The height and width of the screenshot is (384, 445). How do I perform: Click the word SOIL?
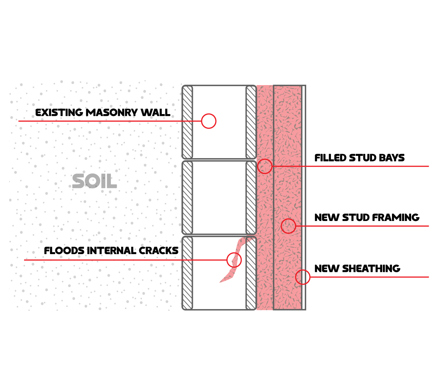[94, 181]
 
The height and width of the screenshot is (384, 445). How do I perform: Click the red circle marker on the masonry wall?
[208, 121]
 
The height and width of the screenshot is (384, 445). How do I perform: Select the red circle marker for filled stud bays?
[265, 166]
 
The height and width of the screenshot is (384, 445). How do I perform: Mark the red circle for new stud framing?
[289, 226]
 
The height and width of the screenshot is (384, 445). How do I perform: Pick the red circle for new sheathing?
[302, 277]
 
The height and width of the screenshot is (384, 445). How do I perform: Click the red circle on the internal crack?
[234, 260]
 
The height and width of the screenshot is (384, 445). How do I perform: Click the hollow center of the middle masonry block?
[219, 198]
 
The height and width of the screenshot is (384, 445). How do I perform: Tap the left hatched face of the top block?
[187, 122]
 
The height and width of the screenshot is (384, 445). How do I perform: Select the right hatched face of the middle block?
[251, 198]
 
